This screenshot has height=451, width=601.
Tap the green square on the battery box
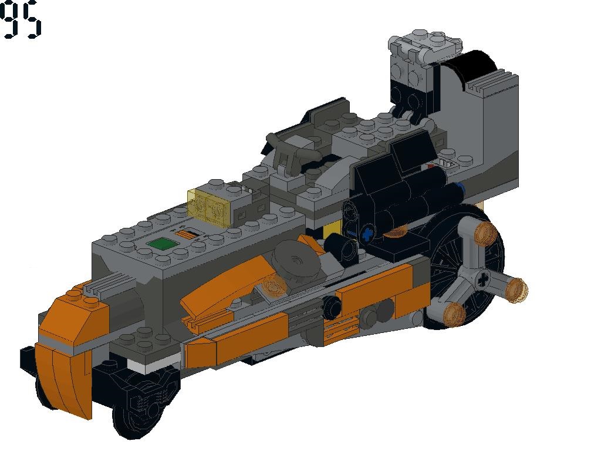(162, 244)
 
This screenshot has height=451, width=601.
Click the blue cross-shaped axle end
(367, 233)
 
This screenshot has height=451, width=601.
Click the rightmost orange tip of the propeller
(516, 290)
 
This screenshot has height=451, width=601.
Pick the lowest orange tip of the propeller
(454, 314)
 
